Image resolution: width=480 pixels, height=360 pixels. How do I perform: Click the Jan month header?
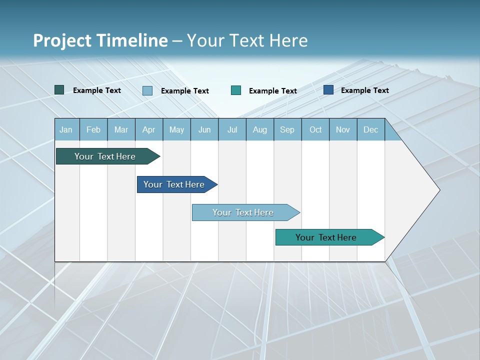pyautogui.click(x=66, y=129)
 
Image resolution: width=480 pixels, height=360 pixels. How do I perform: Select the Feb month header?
pyautogui.click(x=93, y=129)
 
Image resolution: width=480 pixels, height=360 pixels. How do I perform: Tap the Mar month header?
pyautogui.click(x=121, y=129)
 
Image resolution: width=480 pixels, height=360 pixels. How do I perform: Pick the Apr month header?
pyautogui.click(x=149, y=129)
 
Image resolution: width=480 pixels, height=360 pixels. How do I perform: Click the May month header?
pyautogui.click(x=176, y=129)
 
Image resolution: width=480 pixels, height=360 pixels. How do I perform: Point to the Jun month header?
pyautogui.click(x=204, y=129)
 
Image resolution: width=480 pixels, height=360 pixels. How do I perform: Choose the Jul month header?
pyautogui.click(x=232, y=129)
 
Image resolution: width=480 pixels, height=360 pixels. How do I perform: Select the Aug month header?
pyautogui.click(x=260, y=129)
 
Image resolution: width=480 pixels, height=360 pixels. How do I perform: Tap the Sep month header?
pyautogui.click(x=287, y=129)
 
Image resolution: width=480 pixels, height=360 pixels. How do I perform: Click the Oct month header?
pyautogui.click(x=315, y=129)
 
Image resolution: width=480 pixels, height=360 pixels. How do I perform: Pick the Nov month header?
pyautogui.click(x=343, y=129)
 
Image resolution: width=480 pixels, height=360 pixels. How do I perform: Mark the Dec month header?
pyautogui.click(x=371, y=129)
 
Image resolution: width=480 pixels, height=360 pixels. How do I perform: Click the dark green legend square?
pyautogui.click(x=59, y=90)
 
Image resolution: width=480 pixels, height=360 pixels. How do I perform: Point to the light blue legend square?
pyautogui.click(x=147, y=90)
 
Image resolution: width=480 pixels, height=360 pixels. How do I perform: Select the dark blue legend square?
pyautogui.click(x=328, y=90)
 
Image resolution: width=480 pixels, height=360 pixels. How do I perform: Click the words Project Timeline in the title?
pyautogui.click(x=100, y=40)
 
